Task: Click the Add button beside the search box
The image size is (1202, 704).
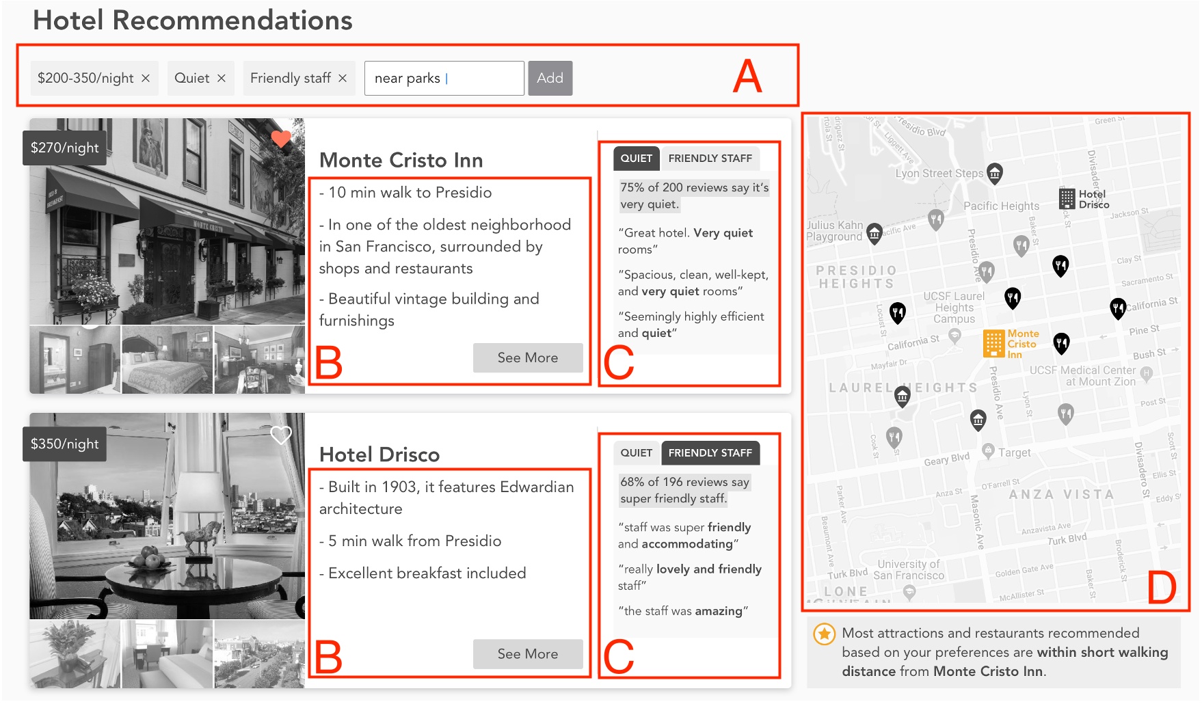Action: click(x=550, y=79)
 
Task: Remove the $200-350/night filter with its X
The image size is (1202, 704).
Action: click(x=146, y=79)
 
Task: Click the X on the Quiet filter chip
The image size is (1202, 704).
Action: click(x=222, y=79)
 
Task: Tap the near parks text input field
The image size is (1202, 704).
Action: click(x=444, y=79)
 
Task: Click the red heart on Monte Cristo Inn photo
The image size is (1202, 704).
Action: click(x=281, y=139)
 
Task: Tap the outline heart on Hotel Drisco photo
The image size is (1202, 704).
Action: click(x=281, y=435)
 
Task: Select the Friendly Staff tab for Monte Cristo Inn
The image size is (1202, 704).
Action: click(x=710, y=159)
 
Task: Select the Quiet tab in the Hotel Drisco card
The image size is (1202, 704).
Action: click(x=636, y=453)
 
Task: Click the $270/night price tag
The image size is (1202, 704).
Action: click(x=65, y=148)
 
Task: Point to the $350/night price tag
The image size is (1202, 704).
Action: click(x=65, y=444)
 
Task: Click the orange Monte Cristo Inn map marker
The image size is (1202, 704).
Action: click(x=993, y=344)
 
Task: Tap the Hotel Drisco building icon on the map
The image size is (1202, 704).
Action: click(x=1067, y=199)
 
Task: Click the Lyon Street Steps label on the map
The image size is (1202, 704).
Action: click(x=939, y=174)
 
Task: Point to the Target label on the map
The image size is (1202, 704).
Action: click(x=1014, y=452)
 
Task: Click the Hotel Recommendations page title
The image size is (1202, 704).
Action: click(x=193, y=21)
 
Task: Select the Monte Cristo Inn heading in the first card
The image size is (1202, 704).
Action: click(x=401, y=161)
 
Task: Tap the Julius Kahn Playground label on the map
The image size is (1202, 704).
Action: click(x=834, y=231)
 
